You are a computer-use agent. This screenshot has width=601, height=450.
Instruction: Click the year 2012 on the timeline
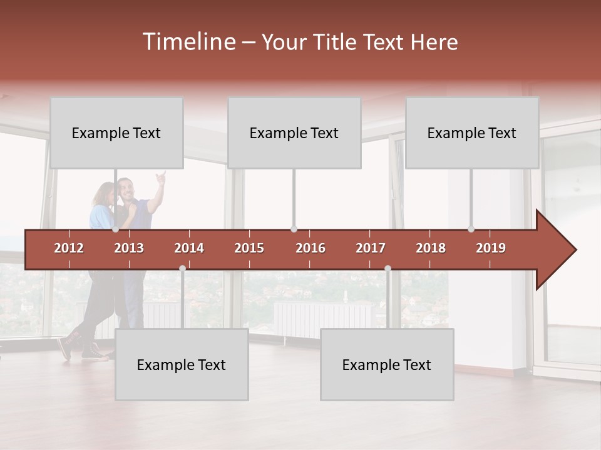pos(69,248)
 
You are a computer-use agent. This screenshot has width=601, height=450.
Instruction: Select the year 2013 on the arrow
pos(129,248)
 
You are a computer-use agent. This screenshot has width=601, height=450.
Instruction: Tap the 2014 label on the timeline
pos(189,248)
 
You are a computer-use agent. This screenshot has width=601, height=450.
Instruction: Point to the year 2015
pos(249,248)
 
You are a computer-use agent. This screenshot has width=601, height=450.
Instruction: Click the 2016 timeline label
pos(311,248)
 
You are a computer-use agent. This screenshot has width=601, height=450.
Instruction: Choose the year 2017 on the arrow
pos(371,248)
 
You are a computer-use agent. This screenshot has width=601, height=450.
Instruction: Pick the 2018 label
pos(431,248)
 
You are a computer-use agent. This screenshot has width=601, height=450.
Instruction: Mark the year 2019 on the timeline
pos(491,248)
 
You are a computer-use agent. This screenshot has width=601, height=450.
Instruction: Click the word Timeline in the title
pos(188,42)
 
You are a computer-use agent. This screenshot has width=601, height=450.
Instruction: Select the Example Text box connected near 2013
pos(116,133)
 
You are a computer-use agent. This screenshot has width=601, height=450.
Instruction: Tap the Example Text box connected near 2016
pos(294,133)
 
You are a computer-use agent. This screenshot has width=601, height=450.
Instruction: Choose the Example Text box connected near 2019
pos(472,133)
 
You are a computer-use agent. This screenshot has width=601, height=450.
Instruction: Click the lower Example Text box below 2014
pos(182,365)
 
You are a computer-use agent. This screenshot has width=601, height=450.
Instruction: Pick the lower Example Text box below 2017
pos(387,365)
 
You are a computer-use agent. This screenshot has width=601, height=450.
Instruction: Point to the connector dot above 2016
pos(294,229)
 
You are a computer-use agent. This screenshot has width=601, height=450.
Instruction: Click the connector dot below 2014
pos(182,268)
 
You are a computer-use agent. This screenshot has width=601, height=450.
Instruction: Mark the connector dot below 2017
pos(388,268)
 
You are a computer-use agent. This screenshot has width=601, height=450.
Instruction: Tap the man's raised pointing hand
pos(162,177)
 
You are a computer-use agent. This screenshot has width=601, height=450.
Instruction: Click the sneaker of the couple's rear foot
pos(64,349)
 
